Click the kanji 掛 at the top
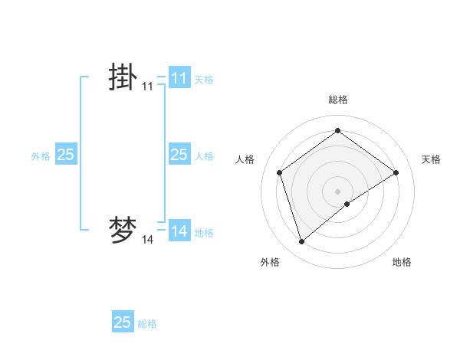pos(123,78)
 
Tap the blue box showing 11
pos(179,78)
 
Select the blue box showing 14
pos(179,231)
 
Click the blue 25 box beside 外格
pos(66,155)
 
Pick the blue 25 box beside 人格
pos(179,155)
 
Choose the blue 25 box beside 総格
pos(123,322)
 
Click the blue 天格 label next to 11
pos(204,79)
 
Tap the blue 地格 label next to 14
pos(204,233)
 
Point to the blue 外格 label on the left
pos(41,156)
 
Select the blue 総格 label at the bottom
pos(147,324)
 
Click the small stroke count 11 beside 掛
pos(147,87)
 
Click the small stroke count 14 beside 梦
pos(147,240)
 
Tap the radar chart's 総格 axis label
pos(337,100)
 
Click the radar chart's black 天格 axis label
pos(431,159)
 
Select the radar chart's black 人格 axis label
pos(245,159)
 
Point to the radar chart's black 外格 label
pos(270,263)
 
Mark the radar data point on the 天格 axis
pos(396,172)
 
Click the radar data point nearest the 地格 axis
pos(347,204)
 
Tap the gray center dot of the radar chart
pos(337,191)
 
